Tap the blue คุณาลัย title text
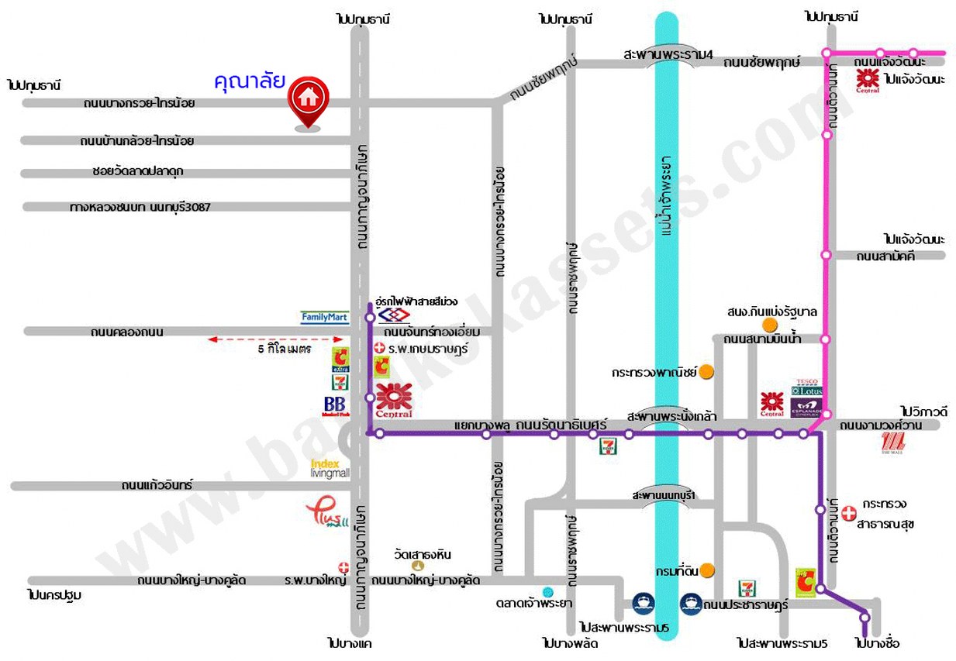250,81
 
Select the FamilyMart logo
325,317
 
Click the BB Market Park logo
335,407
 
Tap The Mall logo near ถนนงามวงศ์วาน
893,442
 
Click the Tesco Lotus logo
806,391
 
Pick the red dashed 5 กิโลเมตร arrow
274,339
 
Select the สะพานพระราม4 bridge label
668,53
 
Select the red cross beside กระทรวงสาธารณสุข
850,512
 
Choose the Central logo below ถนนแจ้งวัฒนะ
868,81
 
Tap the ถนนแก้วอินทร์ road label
157,486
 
